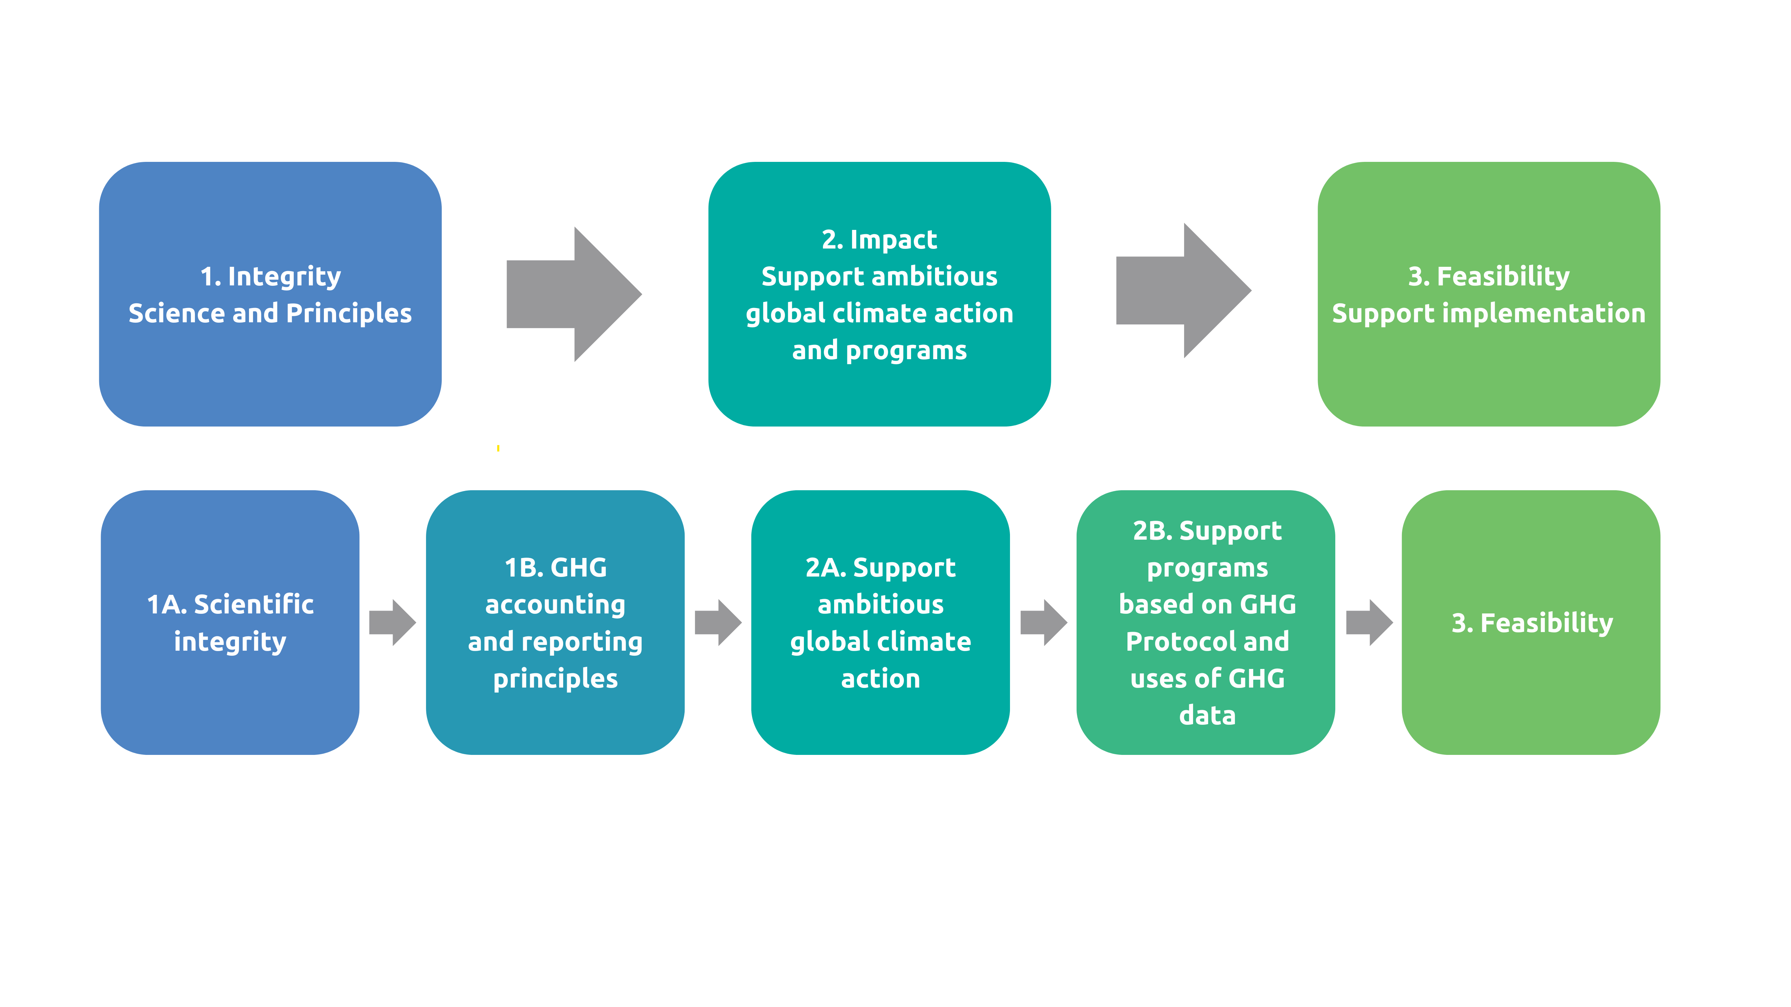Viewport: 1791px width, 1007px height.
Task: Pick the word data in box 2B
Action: point(1207,715)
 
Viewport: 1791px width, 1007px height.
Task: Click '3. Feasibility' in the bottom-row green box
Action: point(1532,623)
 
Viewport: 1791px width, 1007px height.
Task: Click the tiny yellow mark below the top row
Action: point(498,448)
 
